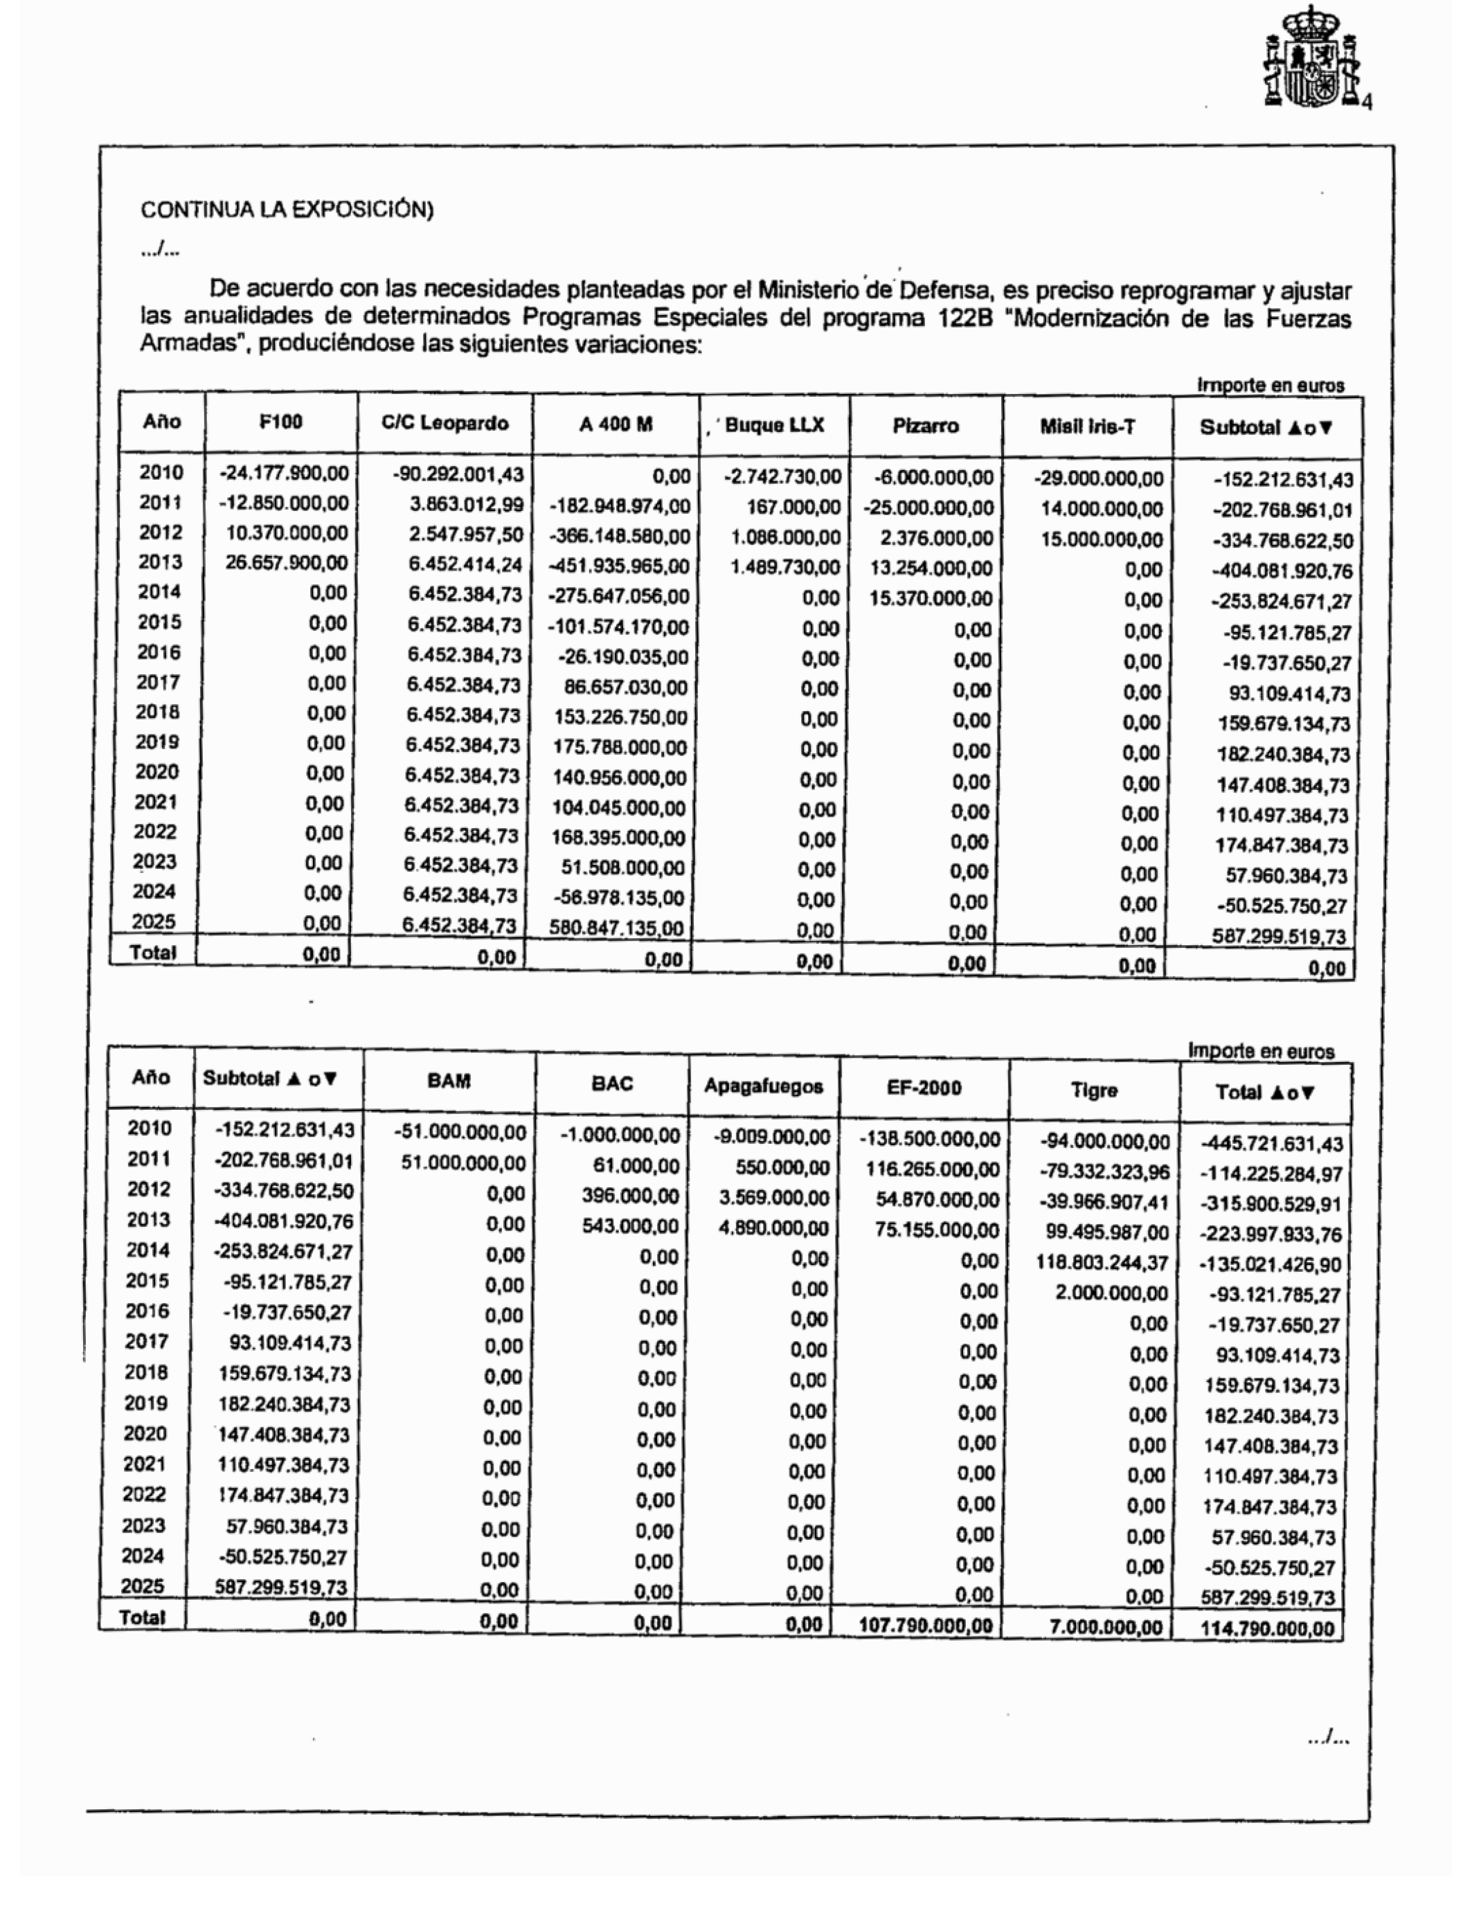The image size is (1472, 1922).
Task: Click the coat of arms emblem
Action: (x=1311, y=59)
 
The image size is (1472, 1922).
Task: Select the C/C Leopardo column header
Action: (x=445, y=424)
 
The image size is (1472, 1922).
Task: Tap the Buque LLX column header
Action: (x=775, y=426)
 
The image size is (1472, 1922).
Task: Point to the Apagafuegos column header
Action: (x=763, y=1087)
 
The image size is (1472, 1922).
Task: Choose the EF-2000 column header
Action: (x=924, y=1088)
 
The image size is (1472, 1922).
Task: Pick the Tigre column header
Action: (x=1093, y=1090)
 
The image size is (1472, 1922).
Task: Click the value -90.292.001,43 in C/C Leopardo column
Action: (x=458, y=475)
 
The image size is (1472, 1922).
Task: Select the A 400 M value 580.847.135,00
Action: (x=618, y=928)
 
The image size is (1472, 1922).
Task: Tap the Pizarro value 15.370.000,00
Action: (x=931, y=598)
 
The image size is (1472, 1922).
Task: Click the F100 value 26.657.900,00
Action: (x=287, y=562)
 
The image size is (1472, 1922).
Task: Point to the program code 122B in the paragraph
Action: (x=964, y=317)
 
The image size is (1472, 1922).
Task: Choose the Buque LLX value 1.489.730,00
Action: (x=785, y=568)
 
